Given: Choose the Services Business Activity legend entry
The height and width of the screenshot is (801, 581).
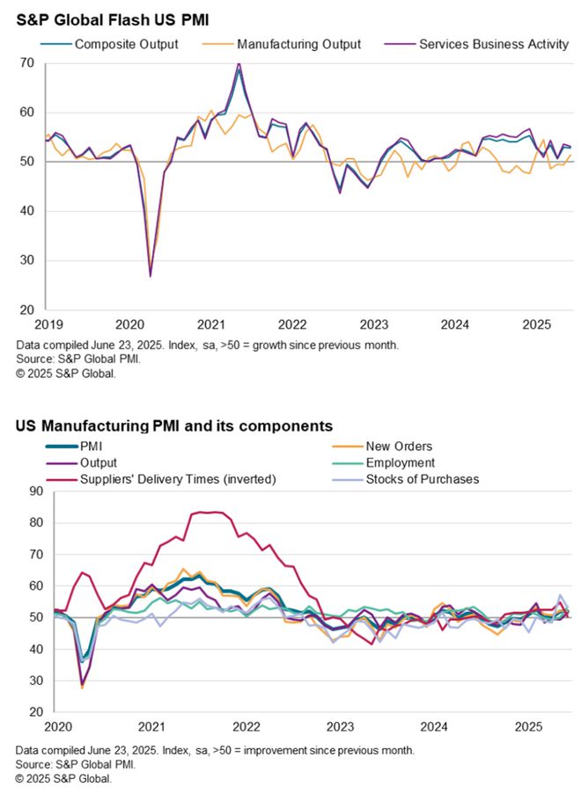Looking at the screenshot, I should [493, 44].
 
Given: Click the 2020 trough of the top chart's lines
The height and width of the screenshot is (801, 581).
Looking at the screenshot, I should [150, 276].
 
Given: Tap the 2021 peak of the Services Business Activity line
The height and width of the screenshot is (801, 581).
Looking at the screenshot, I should [238, 64].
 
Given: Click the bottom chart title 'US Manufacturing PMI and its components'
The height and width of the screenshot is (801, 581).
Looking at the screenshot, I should [173, 426].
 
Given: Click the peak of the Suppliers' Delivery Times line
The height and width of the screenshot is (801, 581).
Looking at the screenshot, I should [209, 512].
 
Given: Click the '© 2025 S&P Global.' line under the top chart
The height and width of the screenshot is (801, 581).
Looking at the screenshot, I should [65, 373].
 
